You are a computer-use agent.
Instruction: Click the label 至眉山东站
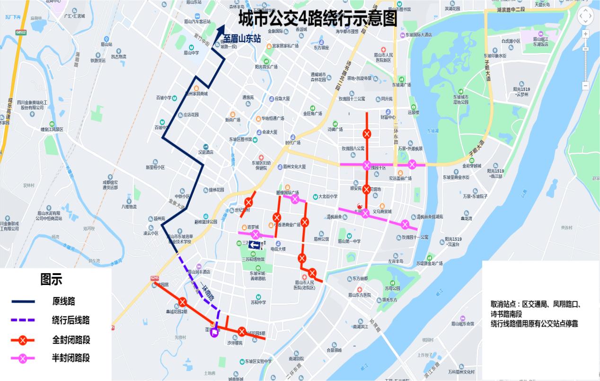(x=242, y=39)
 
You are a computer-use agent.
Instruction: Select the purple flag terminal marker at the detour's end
(x=214, y=333)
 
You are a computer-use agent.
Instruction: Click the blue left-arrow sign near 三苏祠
(x=255, y=245)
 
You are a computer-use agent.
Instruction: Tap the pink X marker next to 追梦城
(x=256, y=234)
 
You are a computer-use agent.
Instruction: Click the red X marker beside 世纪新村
(x=248, y=202)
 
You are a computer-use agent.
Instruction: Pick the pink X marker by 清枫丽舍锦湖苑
(x=405, y=224)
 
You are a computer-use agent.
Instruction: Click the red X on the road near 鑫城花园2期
(x=183, y=302)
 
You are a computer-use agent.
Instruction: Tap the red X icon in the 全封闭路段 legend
(x=22, y=340)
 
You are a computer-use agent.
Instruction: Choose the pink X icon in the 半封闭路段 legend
(x=22, y=358)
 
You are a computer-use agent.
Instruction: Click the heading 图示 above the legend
(x=51, y=280)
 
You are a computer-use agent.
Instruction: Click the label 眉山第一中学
(x=349, y=241)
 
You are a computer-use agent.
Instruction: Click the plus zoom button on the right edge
(x=585, y=34)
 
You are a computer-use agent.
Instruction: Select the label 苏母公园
(x=392, y=288)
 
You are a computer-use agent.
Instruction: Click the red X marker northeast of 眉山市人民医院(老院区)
(x=312, y=273)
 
